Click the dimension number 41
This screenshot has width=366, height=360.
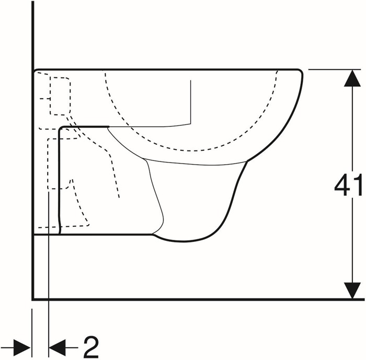[x=348, y=185]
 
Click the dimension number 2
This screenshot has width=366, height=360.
[x=91, y=347]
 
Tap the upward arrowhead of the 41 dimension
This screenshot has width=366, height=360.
[x=352, y=78]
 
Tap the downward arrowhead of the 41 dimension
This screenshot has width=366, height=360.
[x=352, y=291]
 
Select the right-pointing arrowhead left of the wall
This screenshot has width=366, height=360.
[x=22, y=347]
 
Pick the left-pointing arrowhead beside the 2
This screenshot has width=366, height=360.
[x=57, y=347]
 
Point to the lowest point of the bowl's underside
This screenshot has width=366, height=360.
[x=183, y=241]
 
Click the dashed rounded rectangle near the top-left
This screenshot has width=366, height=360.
[x=60, y=96]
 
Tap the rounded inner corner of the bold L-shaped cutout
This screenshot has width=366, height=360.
[x=61, y=129]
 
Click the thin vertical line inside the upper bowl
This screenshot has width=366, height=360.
[x=191, y=102]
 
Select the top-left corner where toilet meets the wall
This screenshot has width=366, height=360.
[x=35, y=70]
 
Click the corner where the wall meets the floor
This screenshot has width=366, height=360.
[x=33, y=299]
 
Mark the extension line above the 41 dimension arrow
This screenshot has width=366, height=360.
[x=335, y=69]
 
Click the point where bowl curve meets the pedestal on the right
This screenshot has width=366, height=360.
[x=247, y=161]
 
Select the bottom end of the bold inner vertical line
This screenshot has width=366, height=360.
[x=59, y=234]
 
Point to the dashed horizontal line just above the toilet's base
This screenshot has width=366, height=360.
[x=63, y=226]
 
